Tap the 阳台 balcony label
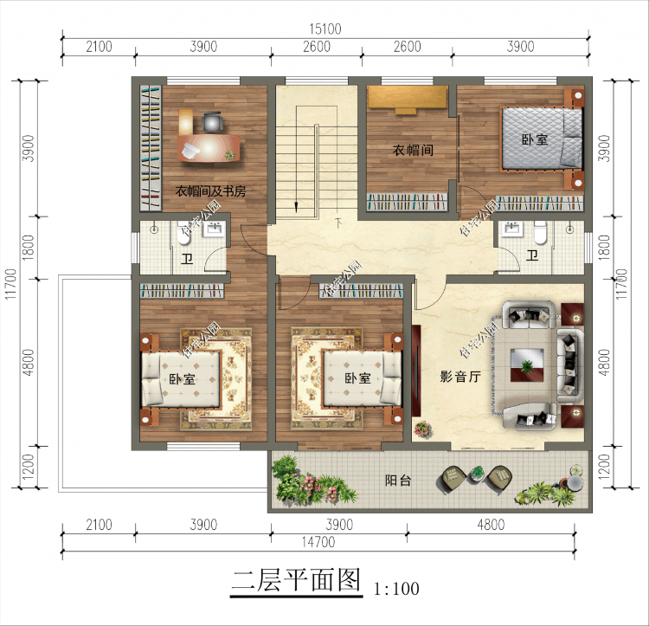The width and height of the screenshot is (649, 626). (x=397, y=481)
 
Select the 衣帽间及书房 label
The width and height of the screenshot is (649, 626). (x=210, y=190)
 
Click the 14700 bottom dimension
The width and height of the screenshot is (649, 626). (x=321, y=543)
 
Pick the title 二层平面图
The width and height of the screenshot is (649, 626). (x=294, y=581)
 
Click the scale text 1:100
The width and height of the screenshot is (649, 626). (x=396, y=590)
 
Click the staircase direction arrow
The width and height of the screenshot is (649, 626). (x=297, y=206)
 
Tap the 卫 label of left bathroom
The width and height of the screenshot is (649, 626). (x=187, y=258)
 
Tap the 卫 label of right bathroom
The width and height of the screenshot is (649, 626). (x=532, y=255)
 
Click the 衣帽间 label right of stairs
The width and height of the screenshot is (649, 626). (x=413, y=150)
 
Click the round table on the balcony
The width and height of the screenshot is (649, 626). (x=476, y=472)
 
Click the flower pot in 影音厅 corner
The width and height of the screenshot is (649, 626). (x=423, y=428)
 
